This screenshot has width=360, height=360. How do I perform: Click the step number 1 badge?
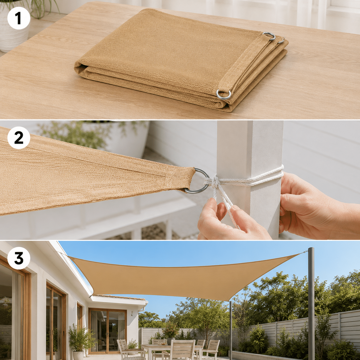(x=19, y=18)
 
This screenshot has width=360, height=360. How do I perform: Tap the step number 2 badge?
(x=19, y=138)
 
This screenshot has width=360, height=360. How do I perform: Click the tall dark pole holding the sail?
(x=311, y=303)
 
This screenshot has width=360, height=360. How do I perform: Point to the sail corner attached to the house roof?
(x=70, y=257)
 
